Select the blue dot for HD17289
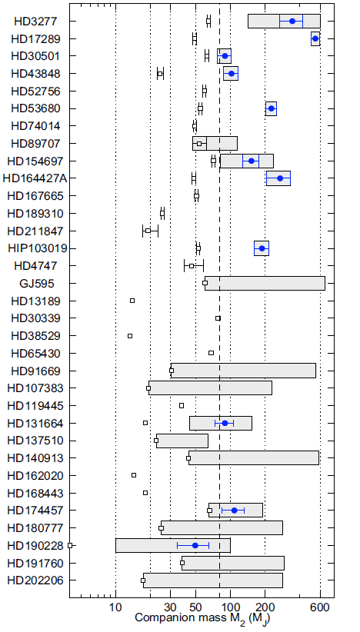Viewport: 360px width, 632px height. [x=315, y=38]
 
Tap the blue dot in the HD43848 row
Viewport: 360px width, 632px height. [x=231, y=73]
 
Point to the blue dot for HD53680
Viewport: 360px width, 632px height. [x=271, y=108]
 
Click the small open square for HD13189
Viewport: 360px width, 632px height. [x=132, y=301]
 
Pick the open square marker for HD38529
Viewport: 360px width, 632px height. [x=130, y=336]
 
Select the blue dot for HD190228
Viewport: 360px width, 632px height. [x=195, y=545]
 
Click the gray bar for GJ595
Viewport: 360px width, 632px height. [x=265, y=284]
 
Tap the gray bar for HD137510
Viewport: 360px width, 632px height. [x=182, y=441]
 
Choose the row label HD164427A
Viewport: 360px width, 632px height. [x=35, y=178]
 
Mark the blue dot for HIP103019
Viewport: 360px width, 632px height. [x=262, y=248]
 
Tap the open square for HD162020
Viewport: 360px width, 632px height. [x=134, y=475]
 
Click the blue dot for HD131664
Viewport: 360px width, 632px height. [x=225, y=423]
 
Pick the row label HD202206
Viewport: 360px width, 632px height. [x=35, y=580]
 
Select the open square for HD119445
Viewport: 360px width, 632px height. [x=182, y=405]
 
